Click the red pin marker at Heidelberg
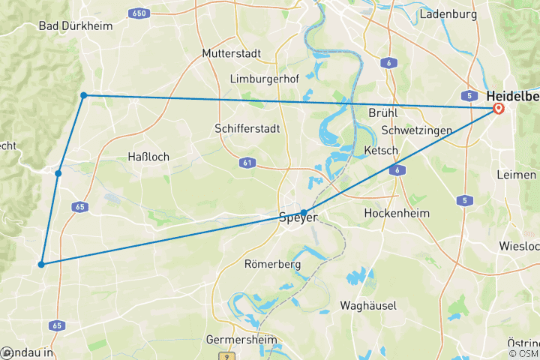pos(498,109)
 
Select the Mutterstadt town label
pos(231,53)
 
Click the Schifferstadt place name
pos(247,128)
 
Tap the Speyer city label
pos(298,218)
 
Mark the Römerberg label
pos(272,264)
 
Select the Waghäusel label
pos(367,305)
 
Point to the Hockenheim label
pos(397,213)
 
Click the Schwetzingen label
pos(416,130)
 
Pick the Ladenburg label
pos(448,13)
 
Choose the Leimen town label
pos(517,174)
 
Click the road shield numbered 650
pos(138,13)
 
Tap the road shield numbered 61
pos(247,162)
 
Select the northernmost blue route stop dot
pos(84,95)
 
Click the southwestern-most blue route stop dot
pos(42,264)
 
